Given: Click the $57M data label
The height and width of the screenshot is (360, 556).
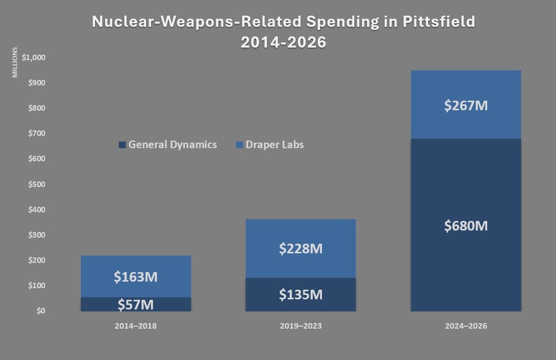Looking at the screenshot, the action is coord(135,305).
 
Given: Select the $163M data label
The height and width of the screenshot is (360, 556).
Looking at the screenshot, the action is coord(135,277).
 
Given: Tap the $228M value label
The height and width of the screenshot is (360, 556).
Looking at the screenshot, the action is coord(301,248).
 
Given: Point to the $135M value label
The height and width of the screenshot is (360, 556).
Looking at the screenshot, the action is coord(301,294).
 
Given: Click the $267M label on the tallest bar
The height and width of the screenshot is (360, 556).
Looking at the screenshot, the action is coord(466,105).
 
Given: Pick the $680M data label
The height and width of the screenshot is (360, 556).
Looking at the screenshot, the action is coord(466,226).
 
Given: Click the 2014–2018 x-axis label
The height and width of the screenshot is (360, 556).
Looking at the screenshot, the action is coord(135,326).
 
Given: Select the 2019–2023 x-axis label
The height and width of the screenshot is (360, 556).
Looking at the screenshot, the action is coord(301,326).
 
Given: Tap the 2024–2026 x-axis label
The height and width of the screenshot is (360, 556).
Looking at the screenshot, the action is coord(466,326).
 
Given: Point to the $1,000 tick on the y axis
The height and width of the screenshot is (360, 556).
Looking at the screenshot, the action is coord(34,58).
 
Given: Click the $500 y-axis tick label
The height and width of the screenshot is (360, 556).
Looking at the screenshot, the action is coord(37,184).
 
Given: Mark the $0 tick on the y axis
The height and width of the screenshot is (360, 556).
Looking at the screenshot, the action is coord(41,310).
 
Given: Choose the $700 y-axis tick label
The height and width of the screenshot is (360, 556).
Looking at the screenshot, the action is coord(37,133).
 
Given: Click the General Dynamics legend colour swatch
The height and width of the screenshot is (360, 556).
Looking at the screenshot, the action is coord(122,145).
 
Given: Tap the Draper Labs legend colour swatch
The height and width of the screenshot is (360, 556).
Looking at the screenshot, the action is coord(240,145).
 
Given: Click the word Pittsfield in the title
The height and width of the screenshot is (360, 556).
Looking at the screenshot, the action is coord(439,22).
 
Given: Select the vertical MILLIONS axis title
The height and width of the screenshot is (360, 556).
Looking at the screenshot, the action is coord(15,62).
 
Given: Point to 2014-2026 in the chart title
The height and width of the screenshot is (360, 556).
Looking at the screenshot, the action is coord(284,42).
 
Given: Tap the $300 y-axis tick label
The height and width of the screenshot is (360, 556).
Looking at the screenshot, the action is coord(37,235).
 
